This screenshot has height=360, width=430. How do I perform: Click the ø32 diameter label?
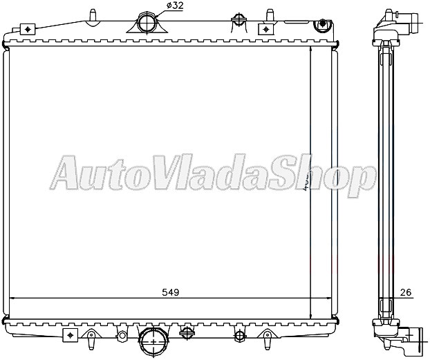(174, 6)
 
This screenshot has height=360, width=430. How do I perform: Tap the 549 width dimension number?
(171, 292)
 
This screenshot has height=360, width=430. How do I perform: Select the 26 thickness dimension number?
(405, 292)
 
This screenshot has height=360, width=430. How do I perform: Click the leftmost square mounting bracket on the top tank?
(28, 29)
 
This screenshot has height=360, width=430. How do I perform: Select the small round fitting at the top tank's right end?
(320, 25)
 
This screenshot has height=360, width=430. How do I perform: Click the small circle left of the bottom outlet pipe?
(122, 336)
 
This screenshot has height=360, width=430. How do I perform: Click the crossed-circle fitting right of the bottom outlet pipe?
(185, 332)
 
